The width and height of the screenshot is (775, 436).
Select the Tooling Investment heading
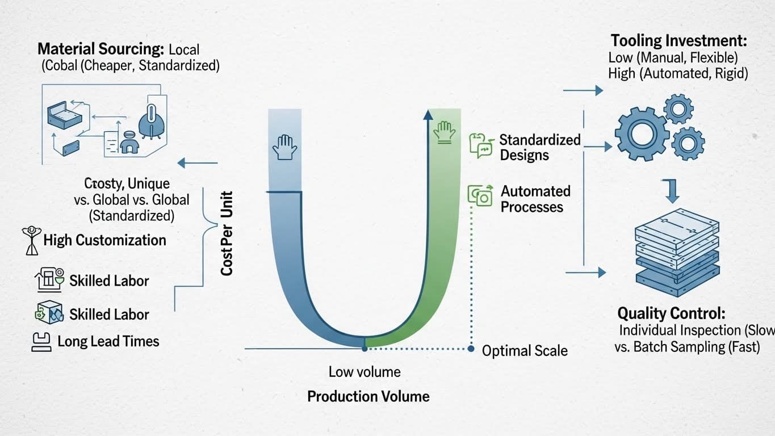[x=678, y=41]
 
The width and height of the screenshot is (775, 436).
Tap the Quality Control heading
[x=671, y=313]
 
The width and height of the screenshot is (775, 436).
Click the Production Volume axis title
[x=368, y=396]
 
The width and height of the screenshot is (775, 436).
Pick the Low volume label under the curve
[x=365, y=372]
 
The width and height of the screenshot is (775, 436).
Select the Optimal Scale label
[x=524, y=351]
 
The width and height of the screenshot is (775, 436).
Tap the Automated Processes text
[x=535, y=199]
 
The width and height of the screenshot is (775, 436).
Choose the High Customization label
[x=104, y=240]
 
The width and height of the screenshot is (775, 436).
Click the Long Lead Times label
[x=108, y=341]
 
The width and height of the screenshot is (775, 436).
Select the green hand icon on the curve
[x=443, y=131]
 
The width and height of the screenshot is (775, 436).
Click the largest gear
[x=642, y=134]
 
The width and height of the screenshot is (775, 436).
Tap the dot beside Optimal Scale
[x=471, y=349]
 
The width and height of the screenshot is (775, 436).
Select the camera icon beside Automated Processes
[x=480, y=195]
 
